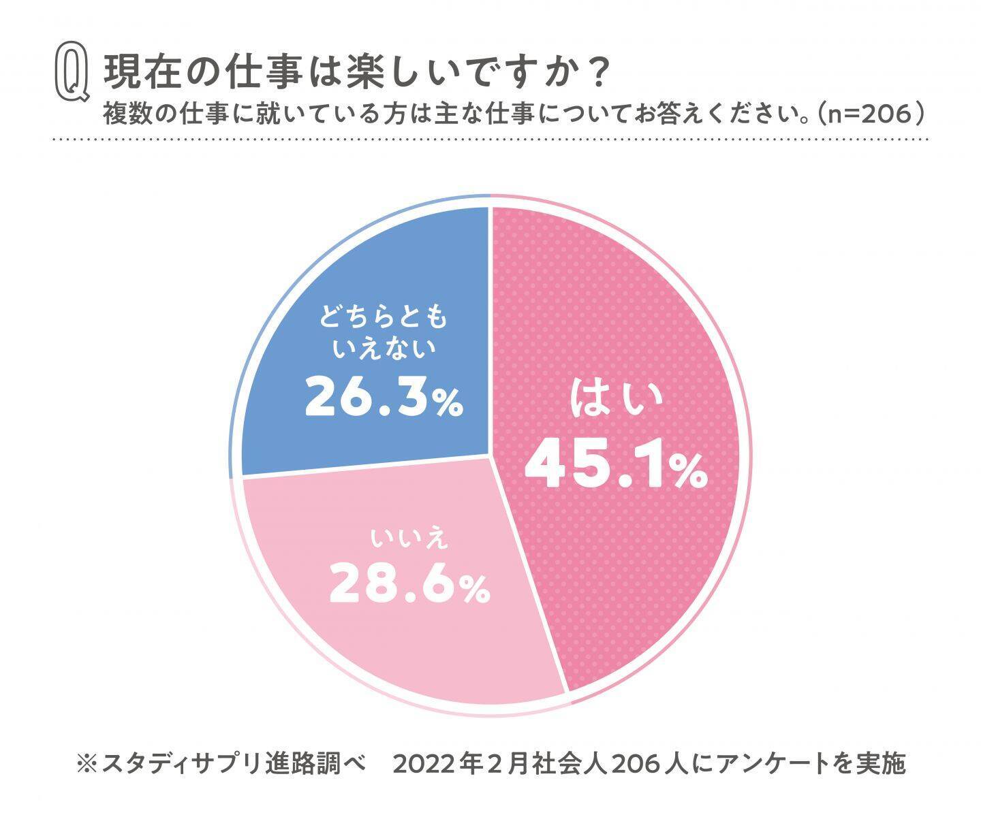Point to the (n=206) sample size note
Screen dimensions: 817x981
tap(871, 114)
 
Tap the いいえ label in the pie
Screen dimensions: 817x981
tap(410, 538)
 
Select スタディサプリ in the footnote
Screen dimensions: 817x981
tap(182, 763)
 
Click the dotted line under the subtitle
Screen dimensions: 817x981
tap(490, 139)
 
